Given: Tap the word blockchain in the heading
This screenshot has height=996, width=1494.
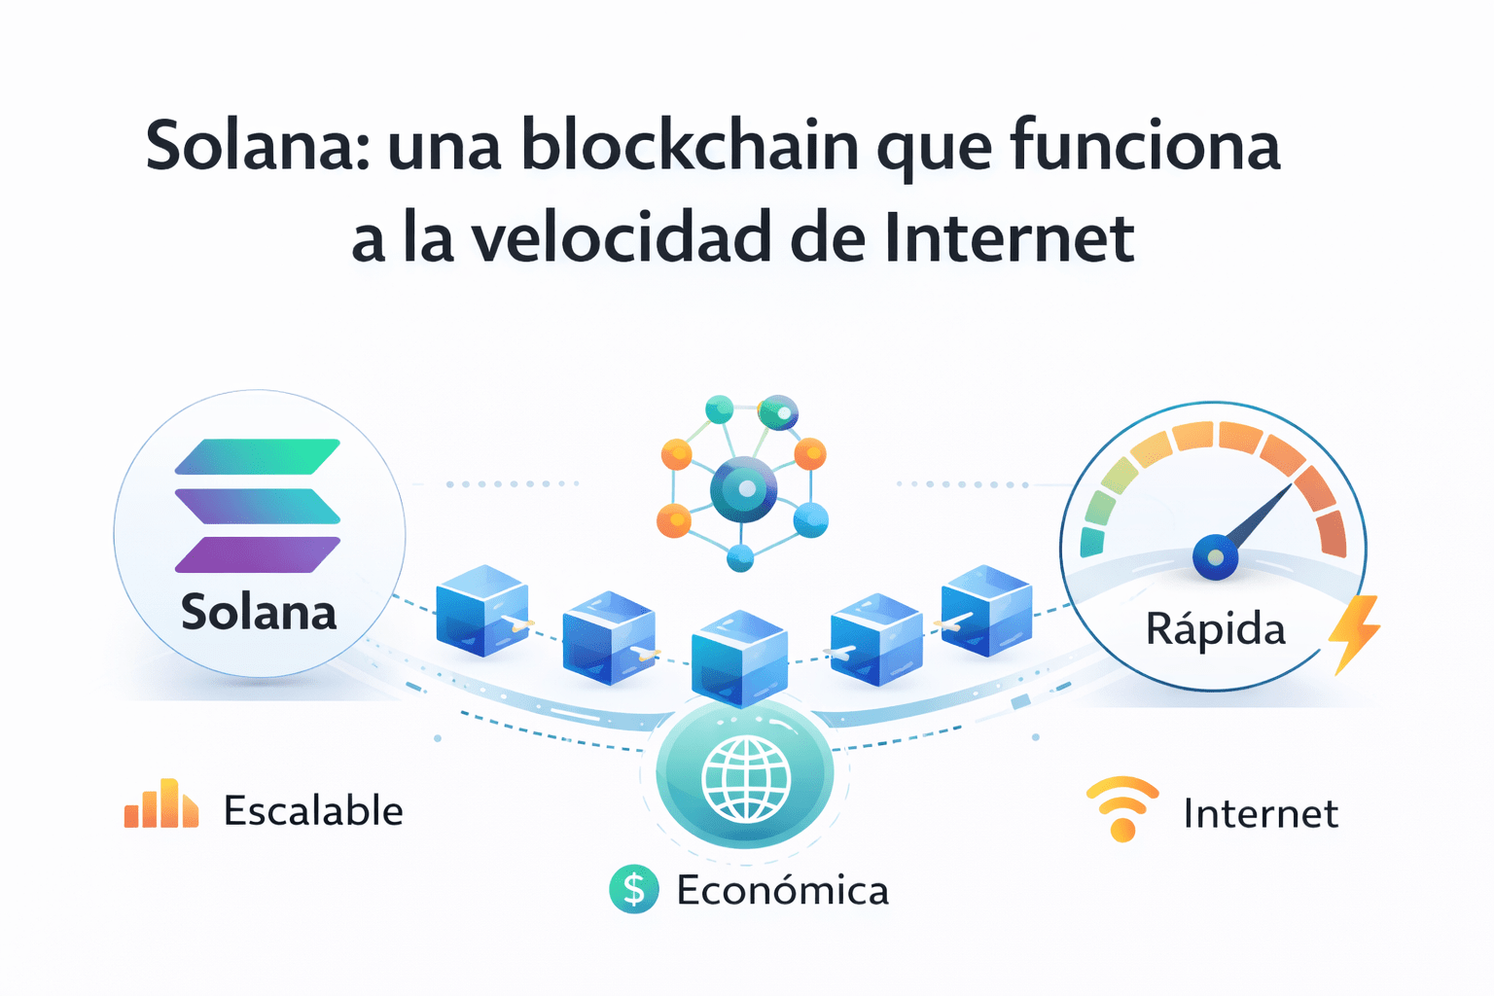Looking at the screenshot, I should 690,146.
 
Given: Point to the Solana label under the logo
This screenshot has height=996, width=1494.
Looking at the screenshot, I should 259,613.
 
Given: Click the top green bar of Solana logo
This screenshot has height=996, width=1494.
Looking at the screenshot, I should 258,456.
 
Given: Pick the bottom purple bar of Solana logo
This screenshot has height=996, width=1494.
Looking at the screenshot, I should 258,554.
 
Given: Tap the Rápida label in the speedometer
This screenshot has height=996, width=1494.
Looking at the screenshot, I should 1215,629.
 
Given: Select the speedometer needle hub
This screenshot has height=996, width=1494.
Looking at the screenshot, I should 1215,558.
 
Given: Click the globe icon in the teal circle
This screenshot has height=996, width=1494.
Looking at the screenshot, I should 745,777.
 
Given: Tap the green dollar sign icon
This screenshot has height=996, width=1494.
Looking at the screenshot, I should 634,889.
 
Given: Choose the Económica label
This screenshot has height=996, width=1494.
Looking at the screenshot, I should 782,891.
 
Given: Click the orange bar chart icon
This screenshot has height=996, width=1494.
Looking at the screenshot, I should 161,805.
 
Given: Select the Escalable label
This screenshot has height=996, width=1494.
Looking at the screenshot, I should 313,811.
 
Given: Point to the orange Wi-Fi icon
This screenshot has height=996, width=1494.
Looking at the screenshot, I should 1122,808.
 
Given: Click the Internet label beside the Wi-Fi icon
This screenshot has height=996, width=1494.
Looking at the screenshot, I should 1261,814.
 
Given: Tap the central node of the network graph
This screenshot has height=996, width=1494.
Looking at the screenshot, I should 744,489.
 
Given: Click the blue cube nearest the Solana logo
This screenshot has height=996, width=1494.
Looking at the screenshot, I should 481,611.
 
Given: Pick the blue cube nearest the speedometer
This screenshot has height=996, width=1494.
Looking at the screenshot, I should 986,611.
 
